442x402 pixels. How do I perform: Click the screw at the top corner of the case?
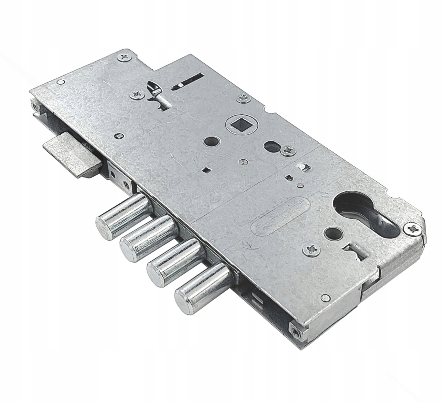(x=124, y=56)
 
